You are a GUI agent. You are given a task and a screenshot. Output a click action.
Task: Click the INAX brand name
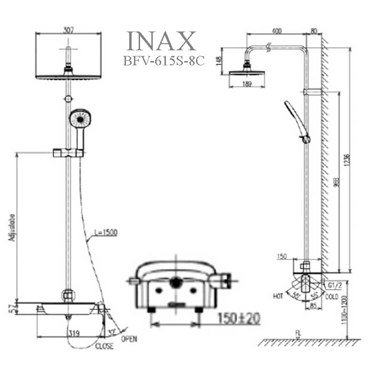click(162, 42)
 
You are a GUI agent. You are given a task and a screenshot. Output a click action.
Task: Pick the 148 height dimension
click(218, 61)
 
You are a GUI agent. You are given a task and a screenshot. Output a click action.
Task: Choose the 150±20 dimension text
click(238, 318)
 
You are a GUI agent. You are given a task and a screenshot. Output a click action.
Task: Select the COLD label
click(332, 297)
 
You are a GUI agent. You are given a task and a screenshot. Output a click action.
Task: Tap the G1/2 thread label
click(334, 285)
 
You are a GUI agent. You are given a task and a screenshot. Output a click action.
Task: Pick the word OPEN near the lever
click(129, 339)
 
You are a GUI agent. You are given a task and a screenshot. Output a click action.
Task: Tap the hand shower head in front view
click(80, 118)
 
